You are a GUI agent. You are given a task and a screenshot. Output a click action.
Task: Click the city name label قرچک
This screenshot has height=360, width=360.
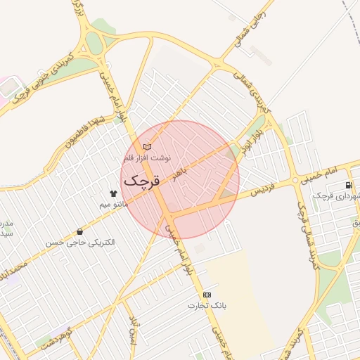(x=143, y=180)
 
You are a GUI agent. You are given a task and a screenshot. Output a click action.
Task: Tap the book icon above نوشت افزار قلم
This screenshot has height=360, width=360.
(x=146, y=147)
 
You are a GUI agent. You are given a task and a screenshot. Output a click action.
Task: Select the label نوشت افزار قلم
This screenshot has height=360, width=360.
(x=147, y=157)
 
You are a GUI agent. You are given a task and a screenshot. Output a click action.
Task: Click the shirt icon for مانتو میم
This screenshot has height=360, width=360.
(x=112, y=193)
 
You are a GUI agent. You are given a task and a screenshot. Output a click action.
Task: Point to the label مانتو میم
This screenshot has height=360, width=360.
(x=113, y=204)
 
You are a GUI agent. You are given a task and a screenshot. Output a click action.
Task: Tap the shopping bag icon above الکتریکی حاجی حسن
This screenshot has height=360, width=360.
(x=79, y=231)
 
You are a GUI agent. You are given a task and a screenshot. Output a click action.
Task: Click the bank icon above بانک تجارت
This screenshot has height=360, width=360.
(x=206, y=295)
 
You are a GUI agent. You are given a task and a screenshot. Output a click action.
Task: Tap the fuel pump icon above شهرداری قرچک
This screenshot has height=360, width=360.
(x=349, y=185)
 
